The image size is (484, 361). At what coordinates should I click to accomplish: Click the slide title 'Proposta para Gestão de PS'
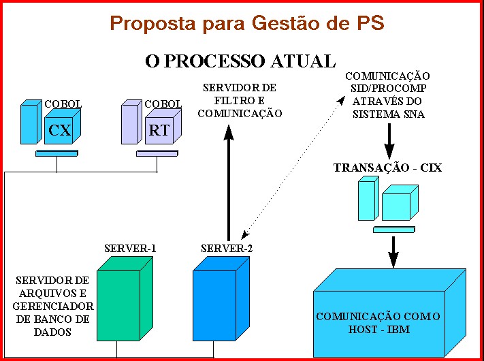pos(247,23)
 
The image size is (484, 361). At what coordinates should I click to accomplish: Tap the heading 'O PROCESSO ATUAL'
pos(240,61)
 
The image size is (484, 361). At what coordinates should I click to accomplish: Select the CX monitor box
pos(60,129)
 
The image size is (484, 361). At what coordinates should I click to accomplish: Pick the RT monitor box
pos(159,129)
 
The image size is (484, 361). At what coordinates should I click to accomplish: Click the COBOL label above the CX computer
pos(63,104)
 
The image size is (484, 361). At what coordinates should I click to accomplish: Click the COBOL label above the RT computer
pos(163,104)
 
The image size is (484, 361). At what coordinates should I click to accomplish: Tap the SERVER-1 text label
pos(130,248)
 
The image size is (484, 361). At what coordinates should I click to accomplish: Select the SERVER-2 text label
pos(227,248)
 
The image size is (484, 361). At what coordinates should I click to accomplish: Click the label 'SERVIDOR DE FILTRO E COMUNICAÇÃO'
pos(240,101)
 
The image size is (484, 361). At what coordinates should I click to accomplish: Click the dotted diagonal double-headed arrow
pos(293,163)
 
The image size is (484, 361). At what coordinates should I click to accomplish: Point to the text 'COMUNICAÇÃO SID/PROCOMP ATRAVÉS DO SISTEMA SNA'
pos(387,95)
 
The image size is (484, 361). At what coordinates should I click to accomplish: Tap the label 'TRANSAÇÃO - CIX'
pos(387,168)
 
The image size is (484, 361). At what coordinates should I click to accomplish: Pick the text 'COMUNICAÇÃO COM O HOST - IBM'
pos(378,323)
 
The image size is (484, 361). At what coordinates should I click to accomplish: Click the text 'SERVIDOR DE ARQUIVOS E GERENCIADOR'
pos(53,293)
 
